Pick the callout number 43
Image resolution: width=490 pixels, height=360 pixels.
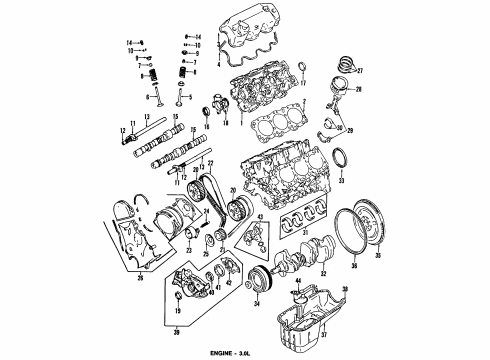(x=262, y=218)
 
